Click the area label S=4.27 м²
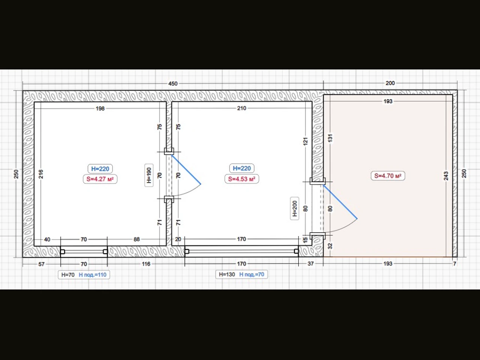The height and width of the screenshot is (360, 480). pyautogui.click(x=100, y=179)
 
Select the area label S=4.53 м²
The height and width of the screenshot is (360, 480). pyautogui.click(x=241, y=179)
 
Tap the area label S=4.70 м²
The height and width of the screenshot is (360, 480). pyautogui.click(x=388, y=176)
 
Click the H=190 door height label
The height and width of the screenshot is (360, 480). pyautogui.click(x=149, y=175)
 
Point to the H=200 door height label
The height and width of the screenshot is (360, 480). pyautogui.click(x=294, y=209)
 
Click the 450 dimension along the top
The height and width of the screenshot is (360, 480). pyautogui.click(x=173, y=84)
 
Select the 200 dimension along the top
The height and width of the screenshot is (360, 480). pyautogui.click(x=390, y=83)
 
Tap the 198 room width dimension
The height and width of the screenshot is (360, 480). pyautogui.click(x=100, y=109)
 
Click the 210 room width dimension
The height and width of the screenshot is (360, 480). pyautogui.click(x=241, y=108)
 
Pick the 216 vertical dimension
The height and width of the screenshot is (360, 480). pyautogui.click(x=41, y=174)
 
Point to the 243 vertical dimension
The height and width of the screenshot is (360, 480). pyautogui.click(x=446, y=176)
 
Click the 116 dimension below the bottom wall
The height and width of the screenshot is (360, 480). pyautogui.click(x=146, y=264)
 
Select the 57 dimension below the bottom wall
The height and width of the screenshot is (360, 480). pyautogui.click(x=41, y=264)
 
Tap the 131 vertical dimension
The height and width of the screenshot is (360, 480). pyautogui.click(x=330, y=138)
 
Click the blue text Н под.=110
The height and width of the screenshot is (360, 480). pyautogui.click(x=93, y=275)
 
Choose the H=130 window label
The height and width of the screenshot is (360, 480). pyautogui.click(x=227, y=274)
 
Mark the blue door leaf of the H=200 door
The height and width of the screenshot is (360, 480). pyautogui.click(x=340, y=202)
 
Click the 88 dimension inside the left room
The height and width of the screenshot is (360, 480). pyautogui.click(x=136, y=239)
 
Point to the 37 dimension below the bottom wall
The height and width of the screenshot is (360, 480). pyautogui.click(x=310, y=264)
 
